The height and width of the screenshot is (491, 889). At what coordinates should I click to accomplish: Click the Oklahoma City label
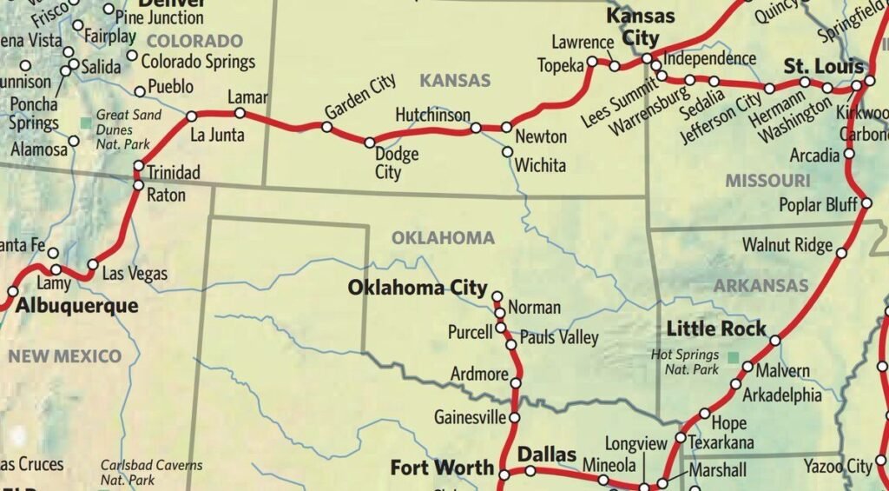click(418, 288)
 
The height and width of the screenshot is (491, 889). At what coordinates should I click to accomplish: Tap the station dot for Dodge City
click(369, 143)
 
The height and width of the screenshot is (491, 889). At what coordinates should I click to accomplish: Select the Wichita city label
click(540, 165)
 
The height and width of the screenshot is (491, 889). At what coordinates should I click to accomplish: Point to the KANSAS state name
click(455, 81)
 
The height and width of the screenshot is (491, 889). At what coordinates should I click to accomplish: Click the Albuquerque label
click(77, 306)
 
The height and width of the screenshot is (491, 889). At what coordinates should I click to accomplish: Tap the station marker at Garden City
click(327, 127)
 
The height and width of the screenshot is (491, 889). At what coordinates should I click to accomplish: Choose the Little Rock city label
click(716, 328)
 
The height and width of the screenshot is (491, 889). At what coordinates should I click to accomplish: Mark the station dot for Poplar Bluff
click(866, 204)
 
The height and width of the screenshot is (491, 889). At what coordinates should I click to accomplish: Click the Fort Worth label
click(442, 468)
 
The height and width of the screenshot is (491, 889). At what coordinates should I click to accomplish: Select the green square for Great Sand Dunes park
click(84, 123)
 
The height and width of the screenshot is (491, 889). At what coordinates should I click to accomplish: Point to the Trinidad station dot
click(138, 166)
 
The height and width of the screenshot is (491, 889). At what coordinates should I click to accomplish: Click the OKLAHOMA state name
click(443, 238)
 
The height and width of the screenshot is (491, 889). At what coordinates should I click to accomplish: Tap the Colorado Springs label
click(198, 62)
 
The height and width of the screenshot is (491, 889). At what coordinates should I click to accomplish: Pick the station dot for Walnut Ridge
click(840, 254)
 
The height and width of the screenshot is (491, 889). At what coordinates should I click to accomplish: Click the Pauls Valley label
click(559, 338)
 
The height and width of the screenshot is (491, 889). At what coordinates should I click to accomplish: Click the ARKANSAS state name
click(761, 285)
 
